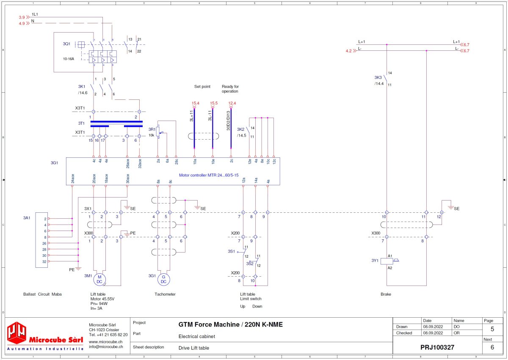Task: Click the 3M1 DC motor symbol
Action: coord(100,279)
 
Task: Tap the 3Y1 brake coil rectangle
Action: coord(387,261)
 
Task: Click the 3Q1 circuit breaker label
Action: coord(66,44)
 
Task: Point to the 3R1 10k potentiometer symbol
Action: coord(158,132)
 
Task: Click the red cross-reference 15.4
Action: coord(195,103)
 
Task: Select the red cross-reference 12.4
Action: coord(232,103)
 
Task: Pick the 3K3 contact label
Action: coord(378,77)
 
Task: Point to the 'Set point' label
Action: coord(202,86)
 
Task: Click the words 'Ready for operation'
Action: coord(230,89)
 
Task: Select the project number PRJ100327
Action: coord(437,347)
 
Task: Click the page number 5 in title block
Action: coord(492,329)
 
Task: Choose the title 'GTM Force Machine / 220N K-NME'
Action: coord(230,325)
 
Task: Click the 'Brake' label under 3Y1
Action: coord(386,294)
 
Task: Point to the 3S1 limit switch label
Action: coord(231,251)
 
